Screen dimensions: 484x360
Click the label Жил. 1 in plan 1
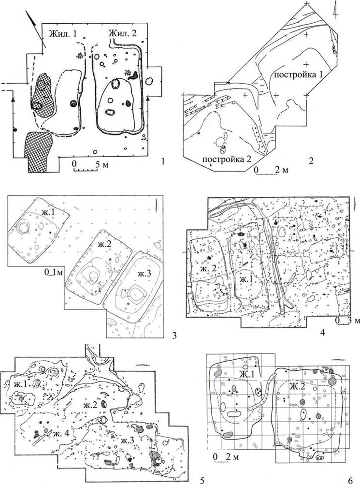coord(63,34)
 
